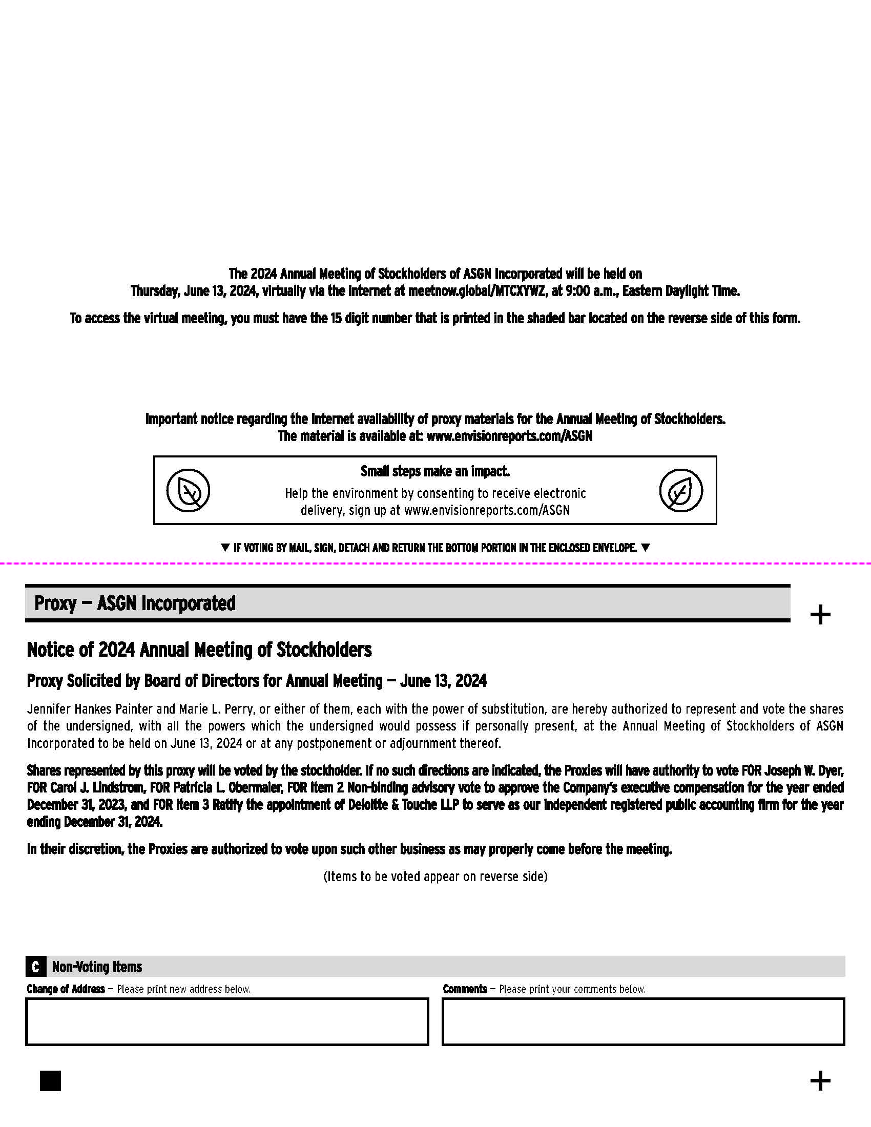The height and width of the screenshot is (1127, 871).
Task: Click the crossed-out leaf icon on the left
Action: click(189, 490)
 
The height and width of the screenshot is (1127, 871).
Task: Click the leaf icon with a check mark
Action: click(680, 490)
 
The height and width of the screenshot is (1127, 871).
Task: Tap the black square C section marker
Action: click(35, 967)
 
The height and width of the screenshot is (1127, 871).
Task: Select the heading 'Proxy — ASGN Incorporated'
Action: click(135, 603)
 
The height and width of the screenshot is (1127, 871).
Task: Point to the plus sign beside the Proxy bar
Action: click(820, 615)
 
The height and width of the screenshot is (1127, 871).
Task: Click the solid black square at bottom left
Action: click(51, 1080)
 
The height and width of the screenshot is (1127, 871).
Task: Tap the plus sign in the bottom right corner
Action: click(820, 1080)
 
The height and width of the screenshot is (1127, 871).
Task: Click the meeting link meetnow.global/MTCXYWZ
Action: click(476, 291)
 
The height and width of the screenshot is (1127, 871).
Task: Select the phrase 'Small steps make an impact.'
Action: click(435, 471)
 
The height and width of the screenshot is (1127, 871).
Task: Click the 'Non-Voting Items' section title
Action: click(97, 967)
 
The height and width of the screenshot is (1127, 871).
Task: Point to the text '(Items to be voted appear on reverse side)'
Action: click(435, 876)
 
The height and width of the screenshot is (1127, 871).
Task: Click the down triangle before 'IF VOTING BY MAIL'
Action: click(225, 548)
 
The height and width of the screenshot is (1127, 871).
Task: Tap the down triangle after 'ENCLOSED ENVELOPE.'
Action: click(645, 548)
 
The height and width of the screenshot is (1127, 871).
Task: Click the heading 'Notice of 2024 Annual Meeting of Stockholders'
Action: click(199, 650)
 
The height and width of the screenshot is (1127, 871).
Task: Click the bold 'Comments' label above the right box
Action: click(465, 989)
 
